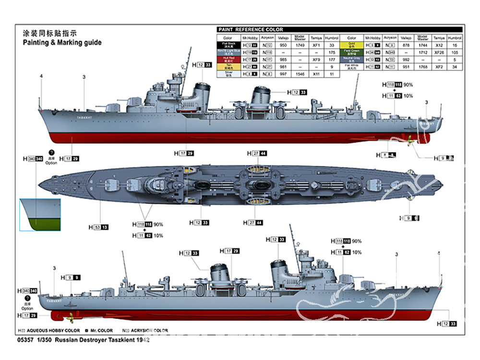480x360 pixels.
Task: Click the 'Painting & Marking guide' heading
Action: (x=62, y=42)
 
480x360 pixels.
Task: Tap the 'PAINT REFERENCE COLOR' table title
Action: (x=251, y=30)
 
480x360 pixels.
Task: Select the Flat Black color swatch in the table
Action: (x=228, y=45)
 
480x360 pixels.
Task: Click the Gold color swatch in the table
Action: (x=352, y=45)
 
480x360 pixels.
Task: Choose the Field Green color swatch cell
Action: (x=352, y=52)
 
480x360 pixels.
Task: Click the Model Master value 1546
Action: (x=300, y=74)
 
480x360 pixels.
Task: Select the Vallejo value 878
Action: (x=407, y=45)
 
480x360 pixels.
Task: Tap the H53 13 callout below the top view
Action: (x=98, y=227)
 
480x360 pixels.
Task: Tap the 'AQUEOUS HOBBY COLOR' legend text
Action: (x=53, y=330)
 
